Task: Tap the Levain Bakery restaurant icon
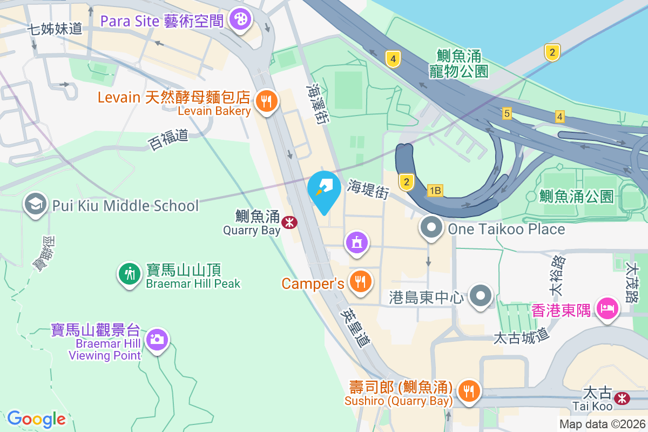coord(266,101)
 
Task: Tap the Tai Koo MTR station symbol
coord(623,399)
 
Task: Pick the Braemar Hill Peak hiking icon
coord(130,274)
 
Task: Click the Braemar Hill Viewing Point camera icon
coord(157,339)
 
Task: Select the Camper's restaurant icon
coord(359,281)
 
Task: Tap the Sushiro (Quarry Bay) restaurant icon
coord(468,390)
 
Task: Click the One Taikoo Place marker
coord(431,228)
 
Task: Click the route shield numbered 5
coord(507,113)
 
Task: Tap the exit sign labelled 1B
coord(435,190)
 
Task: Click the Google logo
coord(36,418)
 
